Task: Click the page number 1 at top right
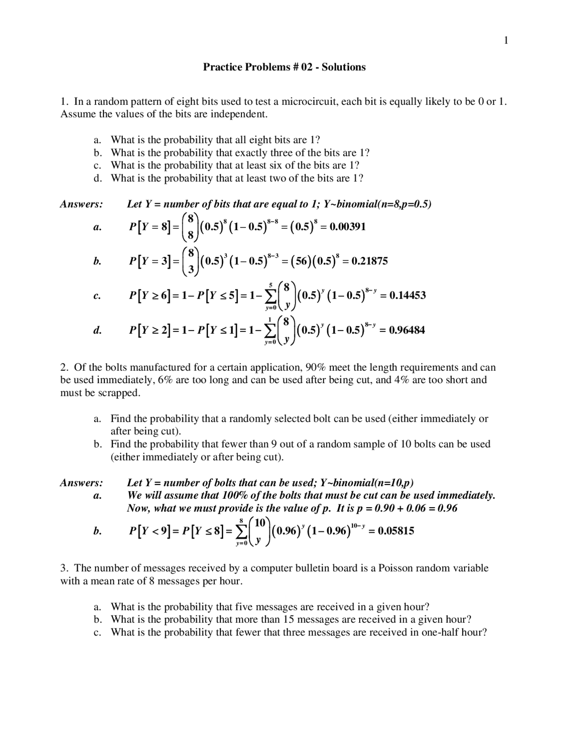(x=506, y=41)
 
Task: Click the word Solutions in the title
(x=344, y=67)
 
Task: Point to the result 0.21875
(x=369, y=261)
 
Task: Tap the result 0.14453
(x=407, y=295)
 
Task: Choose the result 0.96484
(x=406, y=330)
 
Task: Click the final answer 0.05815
(x=396, y=531)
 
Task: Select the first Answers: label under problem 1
(x=81, y=204)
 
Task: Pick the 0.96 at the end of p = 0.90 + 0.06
(x=448, y=508)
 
